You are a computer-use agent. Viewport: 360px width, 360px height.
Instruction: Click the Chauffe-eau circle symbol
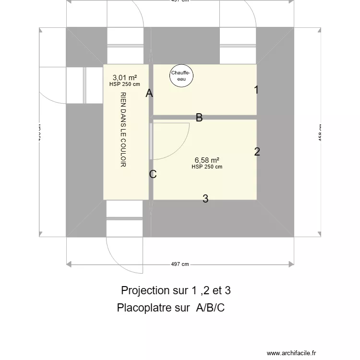(x=181, y=76)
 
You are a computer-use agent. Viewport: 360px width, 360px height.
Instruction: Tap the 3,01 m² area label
(x=124, y=77)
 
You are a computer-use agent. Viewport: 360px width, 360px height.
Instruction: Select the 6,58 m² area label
(x=207, y=160)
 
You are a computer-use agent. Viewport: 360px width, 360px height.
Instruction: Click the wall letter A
(x=149, y=94)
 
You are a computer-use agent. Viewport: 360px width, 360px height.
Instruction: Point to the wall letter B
(x=199, y=118)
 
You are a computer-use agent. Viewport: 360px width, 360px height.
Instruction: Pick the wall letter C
(x=153, y=174)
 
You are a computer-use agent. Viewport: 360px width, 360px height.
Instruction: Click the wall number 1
(x=256, y=90)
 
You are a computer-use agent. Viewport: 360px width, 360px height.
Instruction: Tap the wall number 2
(x=257, y=152)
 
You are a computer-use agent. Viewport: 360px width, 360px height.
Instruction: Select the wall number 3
(x=205, y=199)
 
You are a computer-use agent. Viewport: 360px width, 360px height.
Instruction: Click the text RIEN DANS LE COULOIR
(x=123, y=130)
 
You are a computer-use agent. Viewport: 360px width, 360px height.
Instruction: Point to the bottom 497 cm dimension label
(x=180, y=264)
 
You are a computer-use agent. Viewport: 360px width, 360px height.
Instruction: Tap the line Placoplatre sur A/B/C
(x=170, y=308)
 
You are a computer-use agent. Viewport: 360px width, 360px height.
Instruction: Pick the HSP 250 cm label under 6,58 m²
(x=207, y=167)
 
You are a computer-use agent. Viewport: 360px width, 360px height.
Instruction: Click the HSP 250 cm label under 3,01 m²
(x=124, y=84)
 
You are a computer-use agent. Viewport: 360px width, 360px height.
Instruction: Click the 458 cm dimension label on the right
(x=320, y=132)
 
